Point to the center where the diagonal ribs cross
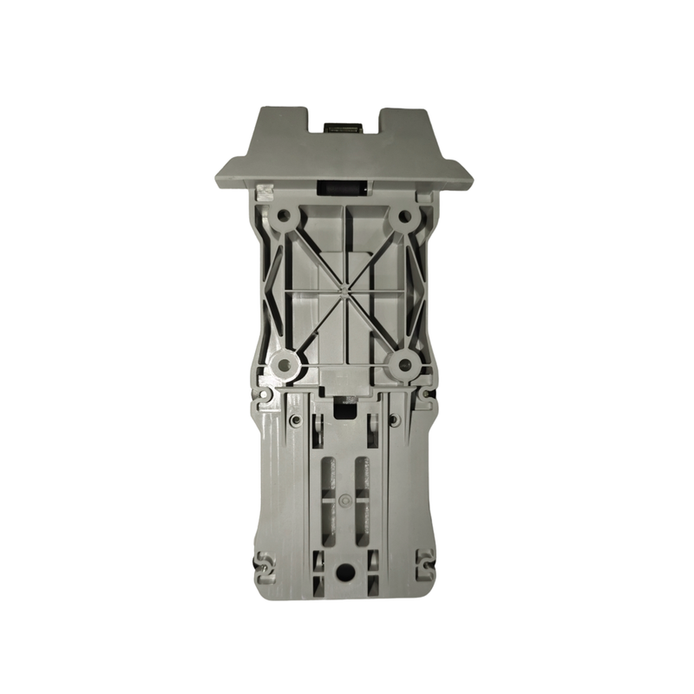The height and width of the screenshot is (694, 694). coord(344,285)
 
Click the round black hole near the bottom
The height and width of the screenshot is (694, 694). coord(345,572)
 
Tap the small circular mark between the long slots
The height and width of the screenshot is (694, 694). coord(345,501)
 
